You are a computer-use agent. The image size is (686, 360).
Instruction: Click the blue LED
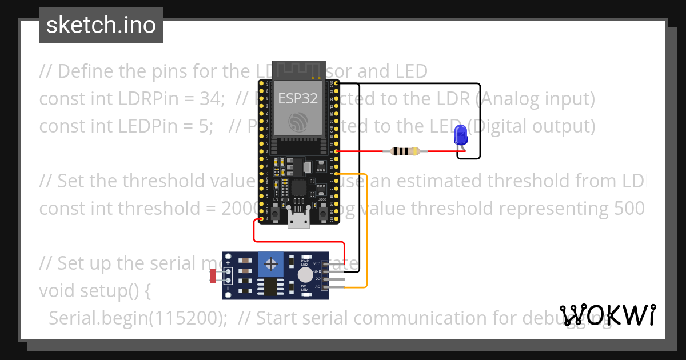click(460, 136)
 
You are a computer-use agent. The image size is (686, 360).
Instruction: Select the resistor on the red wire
click(405, 151)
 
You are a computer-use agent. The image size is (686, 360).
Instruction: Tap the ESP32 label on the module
click(297, 98)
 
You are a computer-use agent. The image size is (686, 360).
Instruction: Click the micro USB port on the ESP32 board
click(299, 219)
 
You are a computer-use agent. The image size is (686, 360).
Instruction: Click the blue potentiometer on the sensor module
click(271, 264)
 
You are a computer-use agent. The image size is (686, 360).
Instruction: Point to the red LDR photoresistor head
click(213, 277)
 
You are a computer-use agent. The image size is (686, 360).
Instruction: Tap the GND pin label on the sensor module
click(317, 271)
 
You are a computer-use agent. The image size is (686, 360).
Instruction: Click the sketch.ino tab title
click(101, 25)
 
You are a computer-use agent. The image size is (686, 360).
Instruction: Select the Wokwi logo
click(607, 315)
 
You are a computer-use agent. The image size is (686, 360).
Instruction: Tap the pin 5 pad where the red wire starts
click(337, 151)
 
